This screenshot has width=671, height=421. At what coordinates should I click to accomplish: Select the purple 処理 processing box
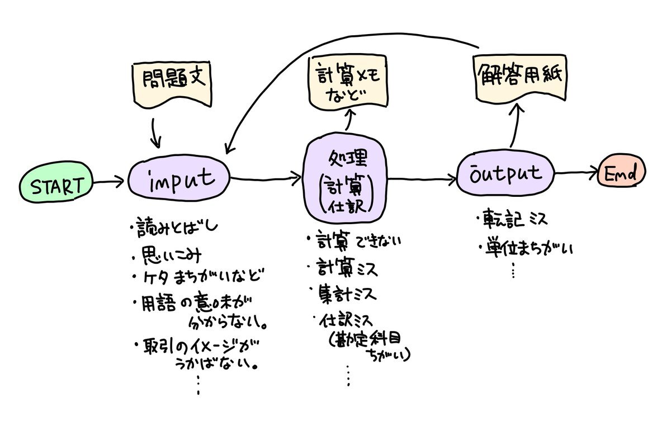(345, 179)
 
